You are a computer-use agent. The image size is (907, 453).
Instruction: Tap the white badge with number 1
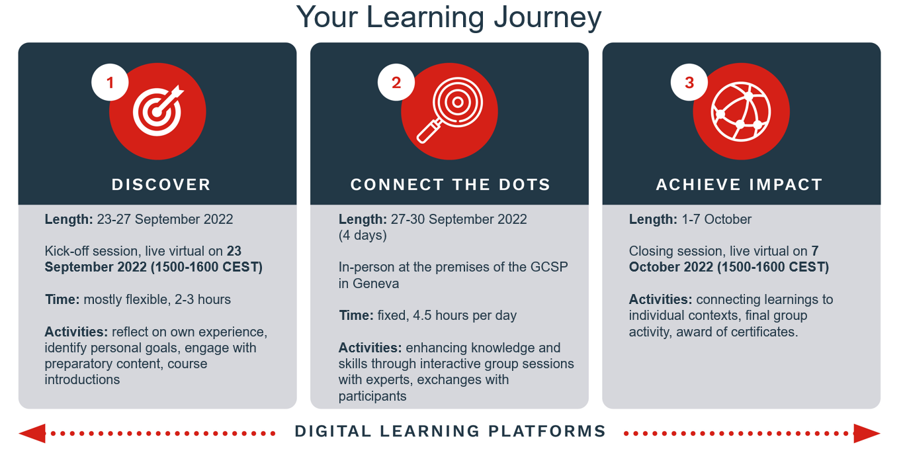coord(110,82)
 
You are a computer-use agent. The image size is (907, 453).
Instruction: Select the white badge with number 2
coord(396,82)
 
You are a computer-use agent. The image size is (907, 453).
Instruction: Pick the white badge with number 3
coord(689,82)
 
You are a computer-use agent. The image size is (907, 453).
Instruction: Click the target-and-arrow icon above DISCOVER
coord(158,111)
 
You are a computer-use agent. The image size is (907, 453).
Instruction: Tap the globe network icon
coord(741,111)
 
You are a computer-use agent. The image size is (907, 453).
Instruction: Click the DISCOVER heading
coord(161,185)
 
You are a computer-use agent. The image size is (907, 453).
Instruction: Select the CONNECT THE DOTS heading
coord(451,185)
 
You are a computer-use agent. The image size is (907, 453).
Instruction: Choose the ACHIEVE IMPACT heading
coord(740,185)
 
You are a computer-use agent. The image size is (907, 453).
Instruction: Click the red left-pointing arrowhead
coord(32,433)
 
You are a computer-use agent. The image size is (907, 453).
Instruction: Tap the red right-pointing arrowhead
coord(867,433)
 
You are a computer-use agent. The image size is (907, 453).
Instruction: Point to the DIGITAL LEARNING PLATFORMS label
coord(451,431)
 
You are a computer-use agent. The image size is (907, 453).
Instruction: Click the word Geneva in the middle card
coord(376,283)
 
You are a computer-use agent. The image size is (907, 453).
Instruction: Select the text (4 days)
coord(363,236)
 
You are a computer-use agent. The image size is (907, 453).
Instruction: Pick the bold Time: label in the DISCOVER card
coord(62,299)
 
